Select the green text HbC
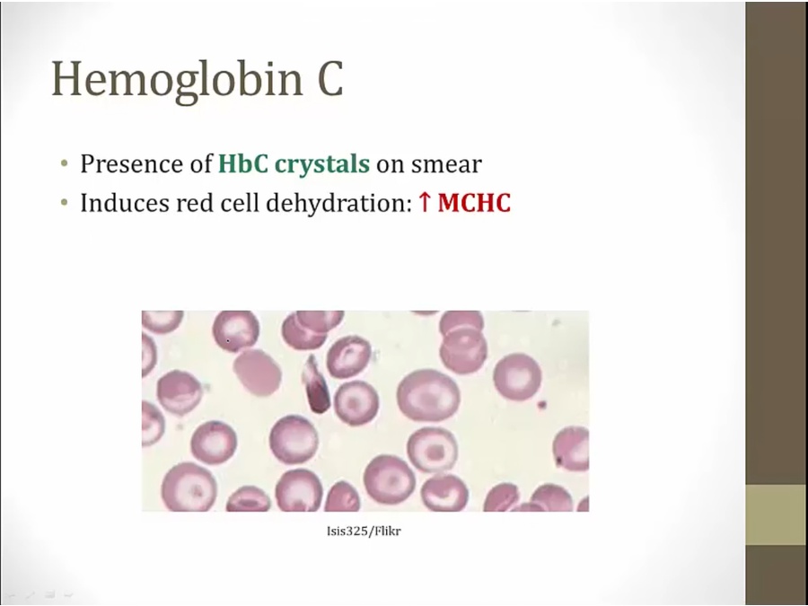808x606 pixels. click(x=243, y=164)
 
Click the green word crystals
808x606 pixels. click(x=322, y=165)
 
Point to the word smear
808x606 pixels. click(x=446, y=165)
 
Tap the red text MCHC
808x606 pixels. click(x=474, y=203)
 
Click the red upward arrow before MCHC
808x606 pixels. click(x=425, y=203)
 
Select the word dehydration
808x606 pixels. click(x=338, y=204)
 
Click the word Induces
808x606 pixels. click(x=125, y=204)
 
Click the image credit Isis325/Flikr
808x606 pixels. click(x=364, y=531)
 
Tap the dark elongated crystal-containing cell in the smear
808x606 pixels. click(x=316, y=384)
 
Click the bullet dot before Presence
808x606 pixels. click(x=64, y=164)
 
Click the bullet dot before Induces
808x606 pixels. click(x=64, y=203)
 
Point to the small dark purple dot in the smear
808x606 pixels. click(x=541, y=405)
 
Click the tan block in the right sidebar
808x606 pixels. click(x=777, y=514)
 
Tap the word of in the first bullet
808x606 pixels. click(x=200, y=164)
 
